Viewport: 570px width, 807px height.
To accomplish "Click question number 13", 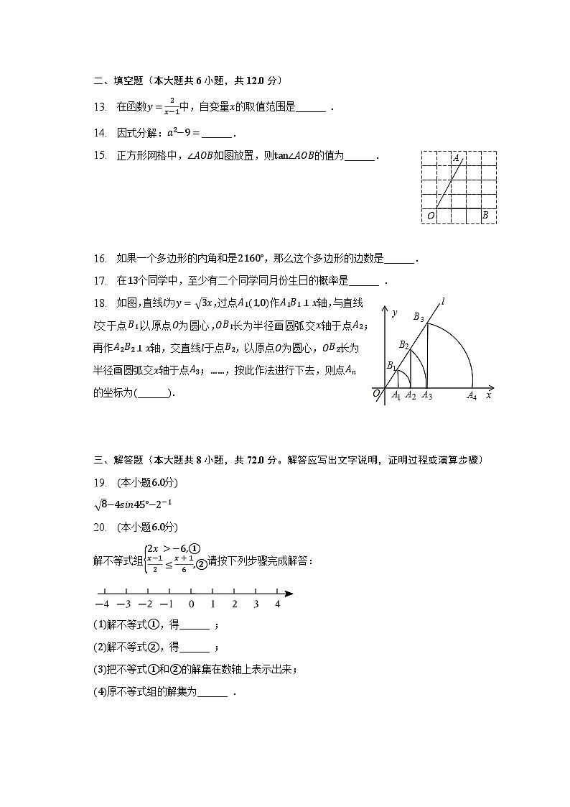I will (100, 107).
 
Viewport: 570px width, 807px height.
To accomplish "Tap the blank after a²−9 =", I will (218, 134).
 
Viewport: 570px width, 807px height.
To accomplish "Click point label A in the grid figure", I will (456, 157).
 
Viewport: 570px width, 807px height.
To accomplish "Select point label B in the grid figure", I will (485, 215).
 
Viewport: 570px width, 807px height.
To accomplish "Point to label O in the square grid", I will (430, 215).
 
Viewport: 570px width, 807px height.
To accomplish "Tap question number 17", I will (100, 280).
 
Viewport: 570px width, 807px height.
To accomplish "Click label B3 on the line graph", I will (419, 317).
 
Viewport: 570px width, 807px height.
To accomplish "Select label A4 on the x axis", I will (472, 396).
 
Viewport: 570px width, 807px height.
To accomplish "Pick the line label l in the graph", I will (444, 303).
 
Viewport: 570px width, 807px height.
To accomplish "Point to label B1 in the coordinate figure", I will (392, 366).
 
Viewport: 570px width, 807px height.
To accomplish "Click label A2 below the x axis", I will (410, 396).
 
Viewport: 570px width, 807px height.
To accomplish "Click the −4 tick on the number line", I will (103, 604).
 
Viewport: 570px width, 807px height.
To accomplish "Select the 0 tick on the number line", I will (192, 604).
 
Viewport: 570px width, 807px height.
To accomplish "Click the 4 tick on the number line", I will (278, 604).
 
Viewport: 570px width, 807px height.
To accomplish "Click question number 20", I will (100, 527).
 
